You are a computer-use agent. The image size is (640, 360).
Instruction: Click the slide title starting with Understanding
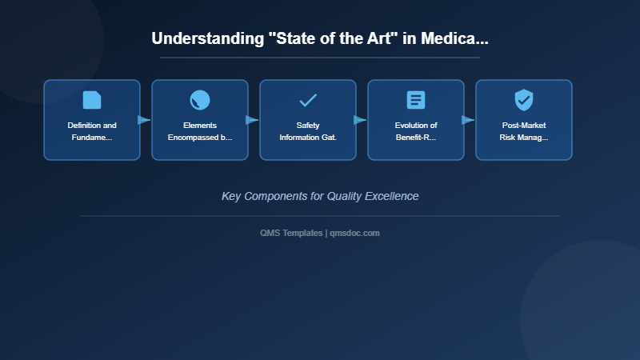(x=320, y=38)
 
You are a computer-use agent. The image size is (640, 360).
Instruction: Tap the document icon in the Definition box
(x=92, y=100)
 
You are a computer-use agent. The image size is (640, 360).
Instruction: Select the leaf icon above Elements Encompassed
(x=200, y=100)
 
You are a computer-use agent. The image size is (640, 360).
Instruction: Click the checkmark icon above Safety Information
(x=308, y=100)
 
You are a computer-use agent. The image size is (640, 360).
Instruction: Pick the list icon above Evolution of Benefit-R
(x=416, y=100)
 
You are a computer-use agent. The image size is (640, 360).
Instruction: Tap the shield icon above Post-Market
(x=524, y=100)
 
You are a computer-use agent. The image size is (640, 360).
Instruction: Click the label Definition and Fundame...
(x=92, y=131)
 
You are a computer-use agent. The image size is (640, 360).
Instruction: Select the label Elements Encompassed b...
(x=200, y=131)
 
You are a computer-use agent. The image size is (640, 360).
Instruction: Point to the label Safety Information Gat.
(x=308, y=131)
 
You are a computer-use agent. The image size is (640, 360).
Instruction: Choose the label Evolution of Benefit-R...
(x=416, y=131)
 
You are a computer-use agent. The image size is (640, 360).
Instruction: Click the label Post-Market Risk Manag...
(x=524, y=131)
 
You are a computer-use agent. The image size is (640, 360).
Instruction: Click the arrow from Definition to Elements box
(x=144, y=120)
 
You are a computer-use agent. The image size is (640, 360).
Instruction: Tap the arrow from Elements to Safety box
(x=252, y=120)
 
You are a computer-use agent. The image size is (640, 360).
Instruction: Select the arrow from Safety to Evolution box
(x=360, y=120)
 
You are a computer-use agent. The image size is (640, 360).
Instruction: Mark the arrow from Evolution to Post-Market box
(x=468, y=120)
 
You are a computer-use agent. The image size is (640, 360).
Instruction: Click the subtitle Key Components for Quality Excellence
(x=320, y=196)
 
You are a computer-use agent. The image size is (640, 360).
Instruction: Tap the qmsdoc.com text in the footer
(x=354, y=233)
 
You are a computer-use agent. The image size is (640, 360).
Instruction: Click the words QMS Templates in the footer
(x=291, y=233)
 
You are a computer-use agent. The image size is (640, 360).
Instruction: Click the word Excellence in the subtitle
(x=391, y=196)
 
